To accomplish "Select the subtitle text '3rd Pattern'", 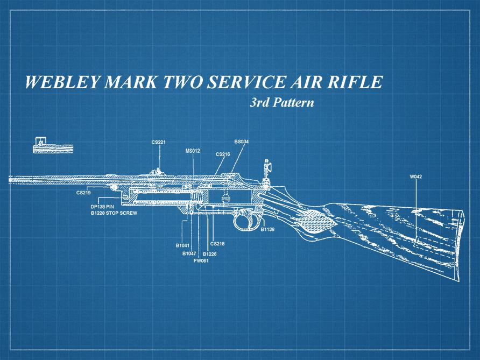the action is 281,102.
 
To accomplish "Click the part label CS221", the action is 158,142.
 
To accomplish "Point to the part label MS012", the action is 193,151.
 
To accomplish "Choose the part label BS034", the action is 241,142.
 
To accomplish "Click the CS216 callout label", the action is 223,154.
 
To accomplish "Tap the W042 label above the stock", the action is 415,177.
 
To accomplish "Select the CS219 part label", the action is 83,192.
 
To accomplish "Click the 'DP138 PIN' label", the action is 103,207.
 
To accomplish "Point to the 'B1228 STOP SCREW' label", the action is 114,214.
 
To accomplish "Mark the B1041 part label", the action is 182,245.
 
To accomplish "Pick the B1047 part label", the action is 189,253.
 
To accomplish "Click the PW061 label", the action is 201,260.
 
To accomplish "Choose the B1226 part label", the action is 209,253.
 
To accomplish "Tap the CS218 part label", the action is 217,244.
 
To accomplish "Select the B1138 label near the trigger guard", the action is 267,229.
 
